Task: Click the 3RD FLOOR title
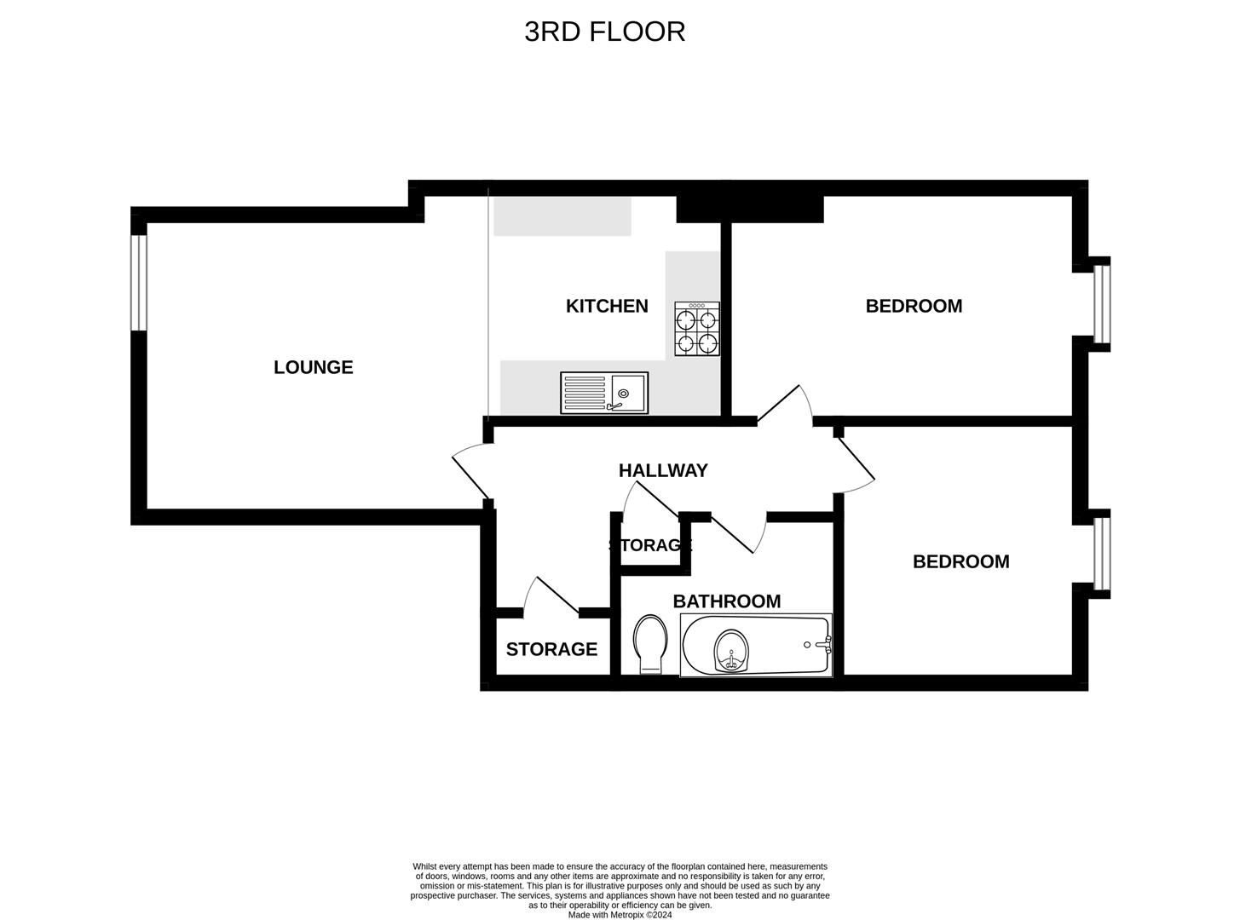(x=604, y=32)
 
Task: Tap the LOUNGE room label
(x=313, y=367)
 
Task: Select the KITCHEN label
(x=607, y=306)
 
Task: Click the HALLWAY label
(x=663, y=470)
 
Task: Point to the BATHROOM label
(x=726, y=601)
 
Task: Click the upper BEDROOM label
(x=914, y=306)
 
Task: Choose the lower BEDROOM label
(x=960, y=561)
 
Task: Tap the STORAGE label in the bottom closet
(x=551, y=649)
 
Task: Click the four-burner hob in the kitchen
(x=697, y=329)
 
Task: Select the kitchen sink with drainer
(x=603, y=393)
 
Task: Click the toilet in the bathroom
(x=651, y=644)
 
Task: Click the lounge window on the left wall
(x=139, y=283)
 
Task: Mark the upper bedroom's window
(x=1102, y=303)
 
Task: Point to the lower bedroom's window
(x=1102, y=554)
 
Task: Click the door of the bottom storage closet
(x=551, y=595)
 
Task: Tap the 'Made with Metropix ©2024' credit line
(x=620, y=915)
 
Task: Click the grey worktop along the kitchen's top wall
(x=562, y=216)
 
